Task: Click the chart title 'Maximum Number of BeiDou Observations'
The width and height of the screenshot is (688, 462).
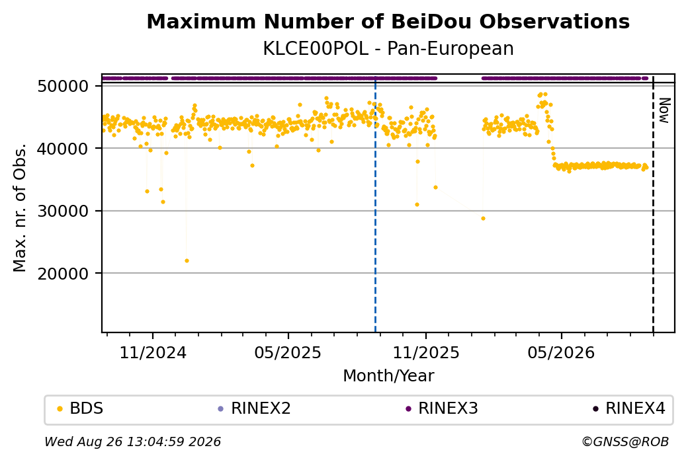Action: click(x=388, y=22)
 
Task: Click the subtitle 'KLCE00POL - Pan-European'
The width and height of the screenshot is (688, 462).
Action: click(x=388, y=49)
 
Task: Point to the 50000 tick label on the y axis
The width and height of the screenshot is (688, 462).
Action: click(x=64, y=87)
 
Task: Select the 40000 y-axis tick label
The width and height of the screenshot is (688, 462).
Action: click(x=64, y=149)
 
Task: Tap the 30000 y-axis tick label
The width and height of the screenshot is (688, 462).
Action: click(x=64, y=212)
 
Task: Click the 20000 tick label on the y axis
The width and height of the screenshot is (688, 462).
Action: click(x=64, y=274)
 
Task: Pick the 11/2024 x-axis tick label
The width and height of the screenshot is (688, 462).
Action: click(x=153, y=353)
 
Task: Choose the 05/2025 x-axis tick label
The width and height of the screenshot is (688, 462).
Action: click(x=288, y=353)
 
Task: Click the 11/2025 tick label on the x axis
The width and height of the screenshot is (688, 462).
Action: click(x=425, y=353)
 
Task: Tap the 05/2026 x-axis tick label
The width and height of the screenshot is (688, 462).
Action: click(x=561, y=353)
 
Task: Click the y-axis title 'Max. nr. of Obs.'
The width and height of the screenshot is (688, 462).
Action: click(x=20, y=208)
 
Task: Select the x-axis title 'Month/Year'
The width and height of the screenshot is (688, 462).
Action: click(x=388, y=376)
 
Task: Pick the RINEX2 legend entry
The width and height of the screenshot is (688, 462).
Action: click(x=255, y=408)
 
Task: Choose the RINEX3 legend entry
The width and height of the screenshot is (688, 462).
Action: click(x=442, y=408)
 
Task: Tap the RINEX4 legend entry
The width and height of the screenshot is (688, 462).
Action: click(x=629, y=408)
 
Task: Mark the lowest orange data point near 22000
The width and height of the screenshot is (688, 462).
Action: click(x=187, y=261)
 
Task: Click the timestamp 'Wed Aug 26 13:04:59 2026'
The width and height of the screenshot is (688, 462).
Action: click(x=132, y=442)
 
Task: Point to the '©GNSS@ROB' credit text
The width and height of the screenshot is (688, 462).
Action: click(x=625, y=442)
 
